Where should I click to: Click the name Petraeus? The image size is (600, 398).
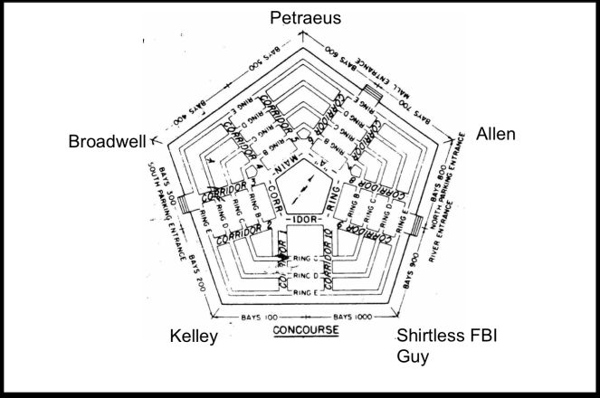[x=300, y=17]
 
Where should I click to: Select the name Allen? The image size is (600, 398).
[x=495, y=134]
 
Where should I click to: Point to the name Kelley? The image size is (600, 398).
[x=195, y=337]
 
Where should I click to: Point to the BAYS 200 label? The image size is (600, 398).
[x=199, y=271]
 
